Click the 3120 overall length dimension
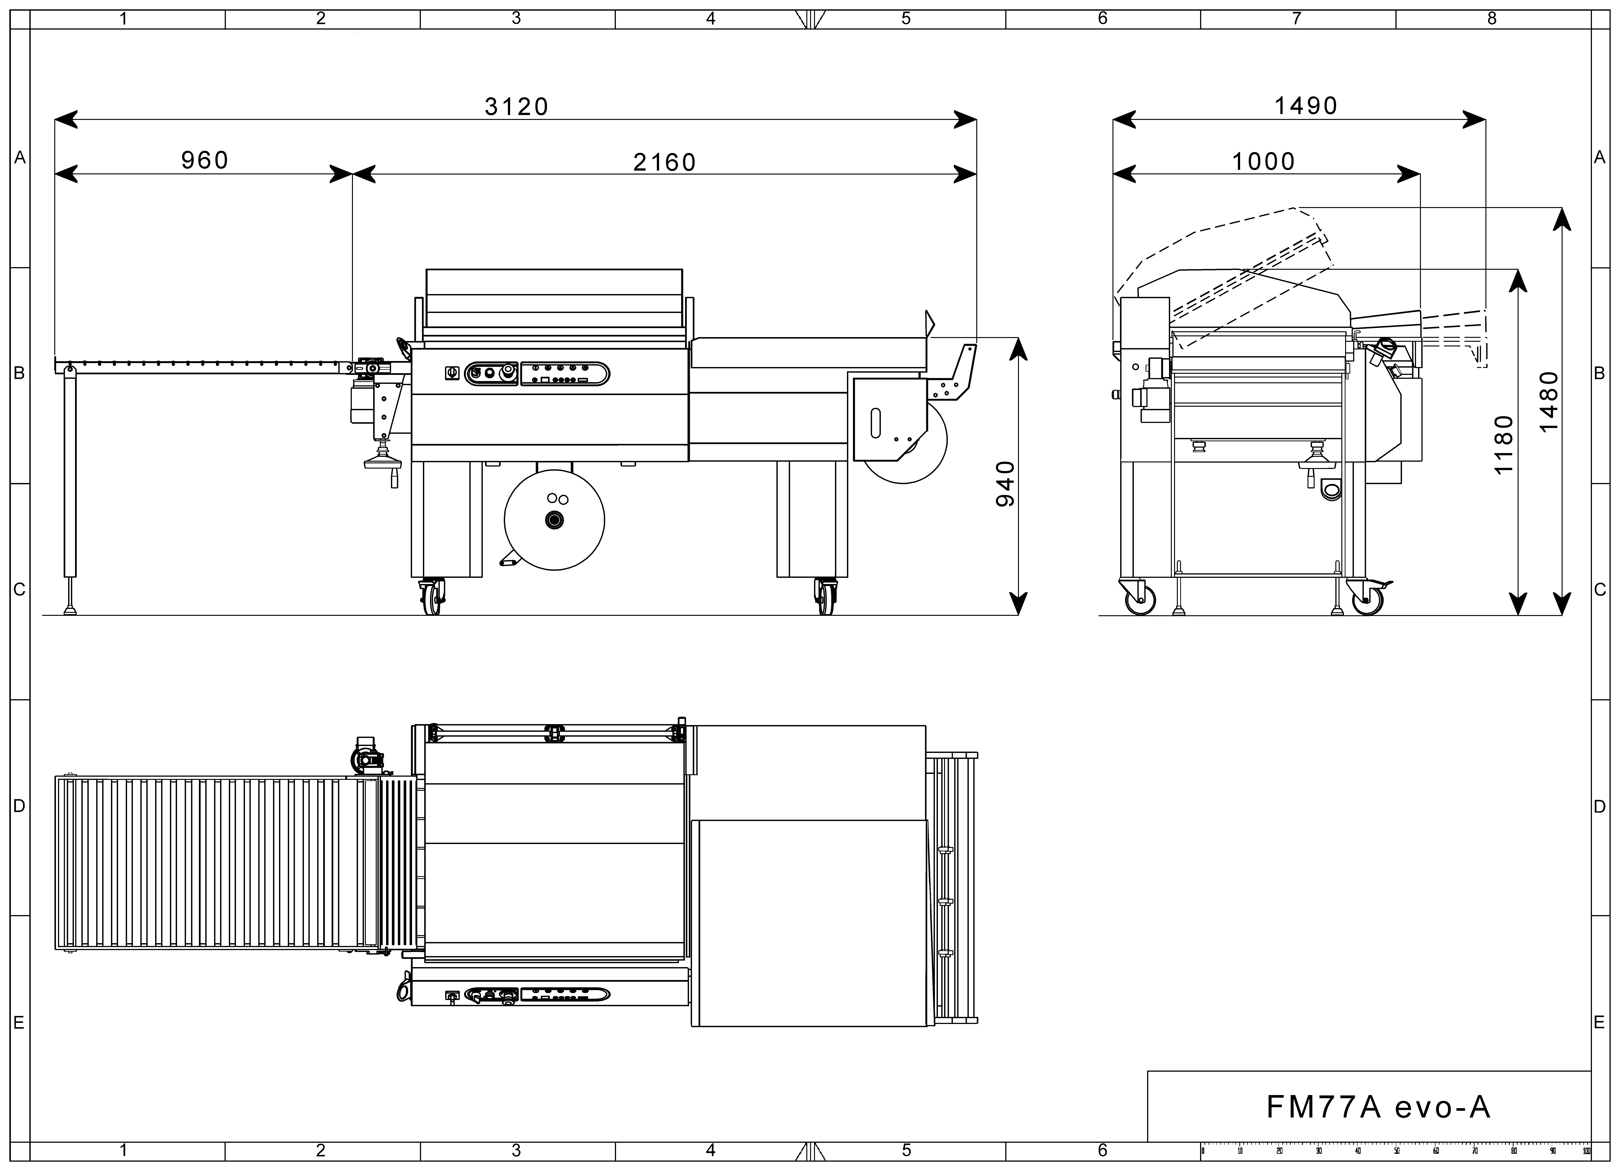coord(516,106)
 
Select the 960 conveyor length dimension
coord(205,160)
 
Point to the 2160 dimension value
coord(664,163)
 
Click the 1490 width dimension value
coord(1306,106)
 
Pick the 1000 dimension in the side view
coord(1264,161)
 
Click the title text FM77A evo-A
coord(1379,1107)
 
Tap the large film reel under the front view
coord(554,520)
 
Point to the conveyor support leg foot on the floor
coord(70,611)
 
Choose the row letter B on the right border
coord(1600,373)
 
